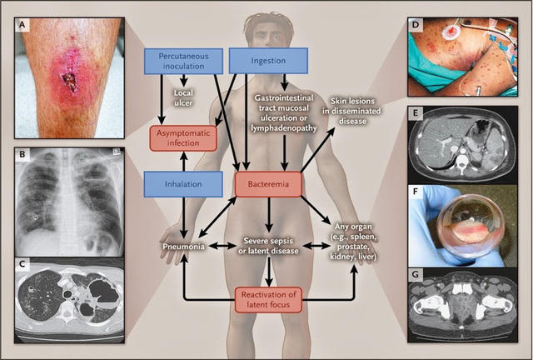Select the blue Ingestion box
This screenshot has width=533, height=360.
tap(268, 59)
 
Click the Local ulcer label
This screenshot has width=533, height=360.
tap(183, 93)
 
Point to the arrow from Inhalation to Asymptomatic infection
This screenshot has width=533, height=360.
tap(182, 162)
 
